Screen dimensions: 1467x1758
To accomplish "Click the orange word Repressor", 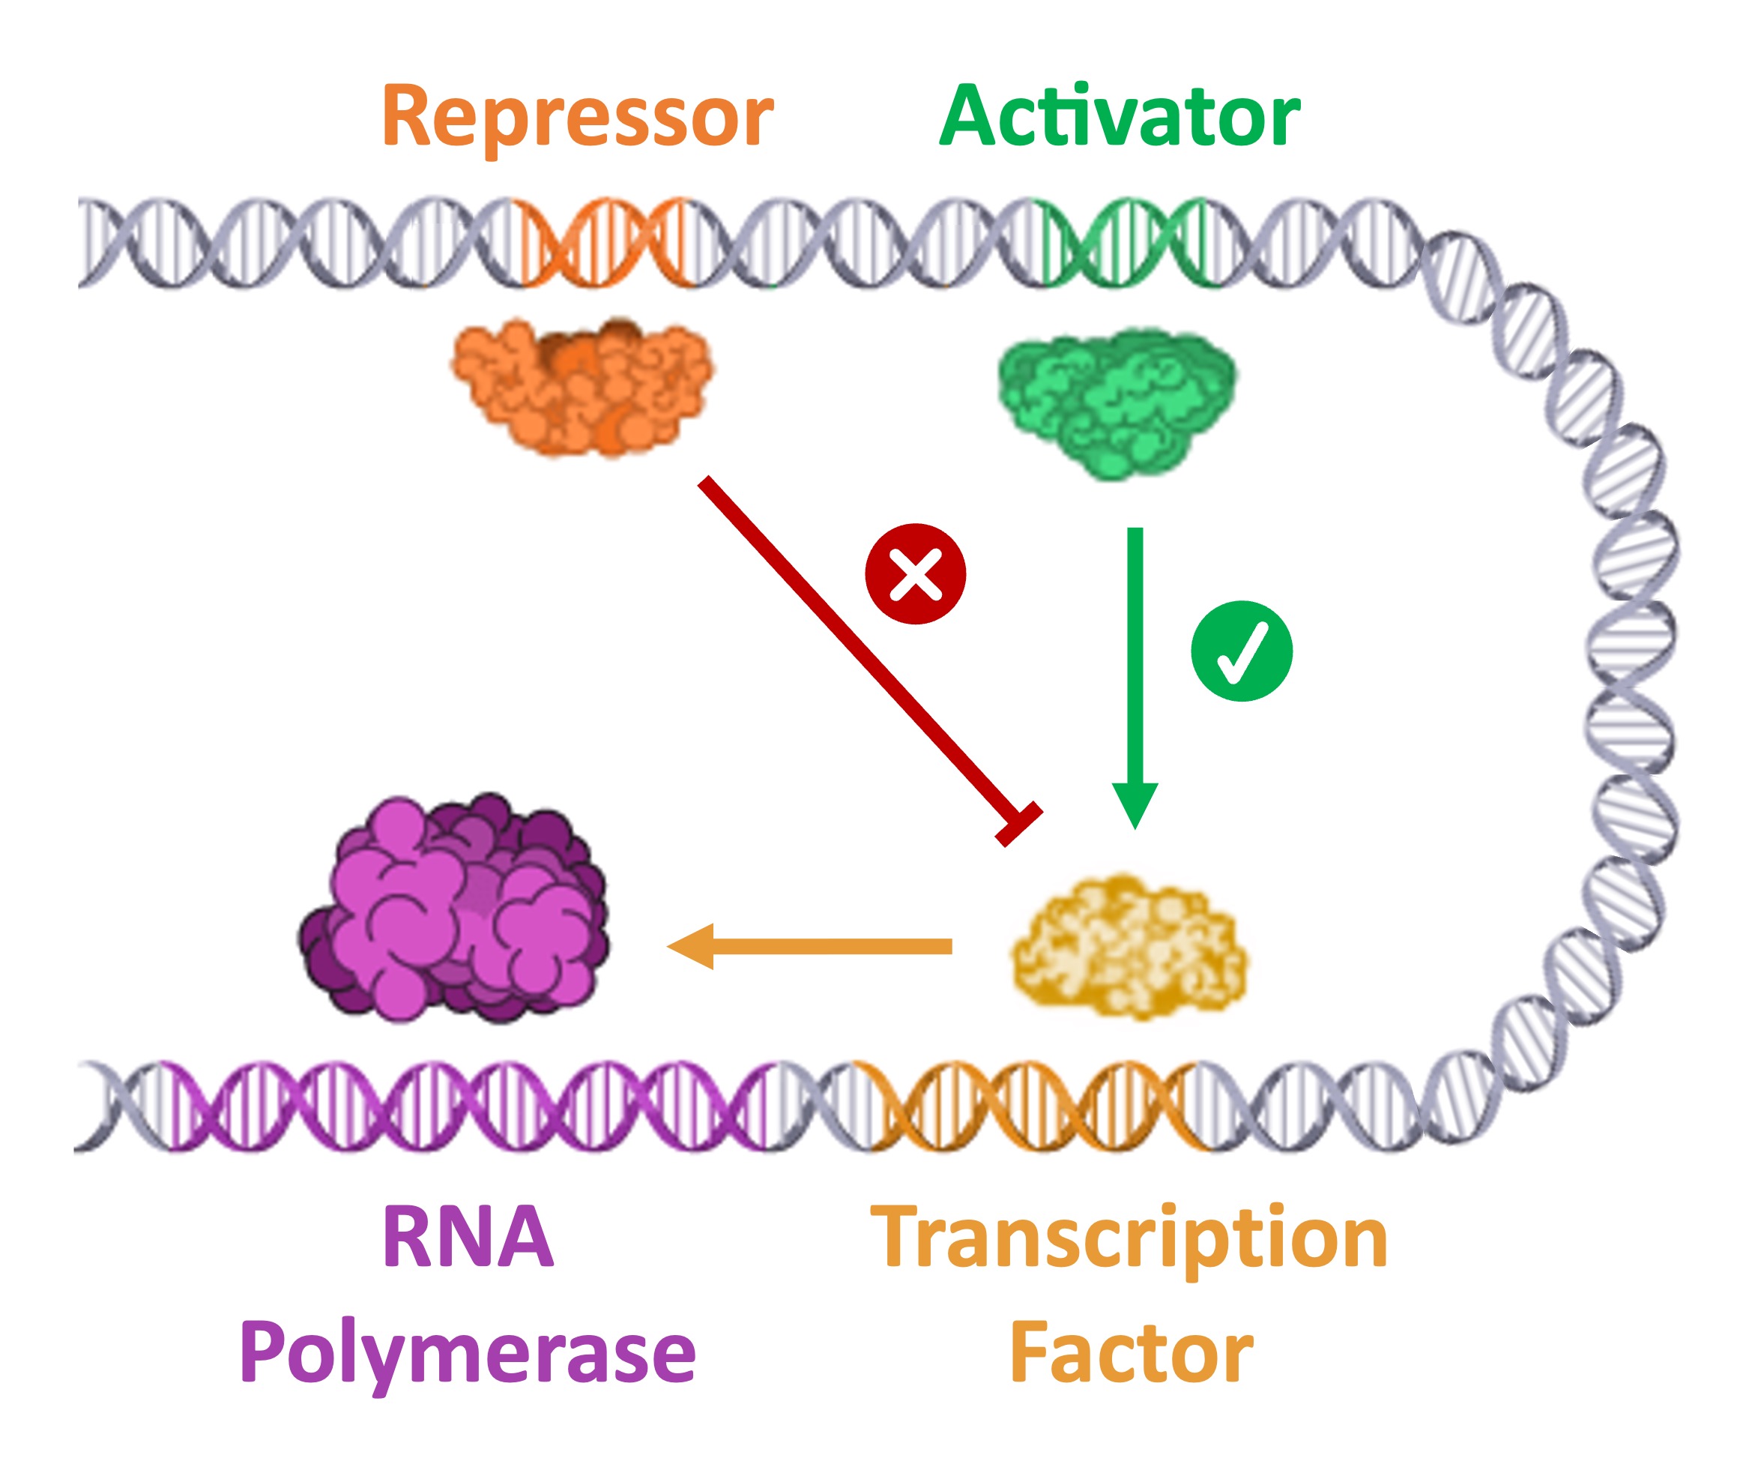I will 578,117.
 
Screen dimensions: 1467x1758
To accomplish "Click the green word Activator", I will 1120,117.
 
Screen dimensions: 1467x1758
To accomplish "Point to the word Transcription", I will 1129,1239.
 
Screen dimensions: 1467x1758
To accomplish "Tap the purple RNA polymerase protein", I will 456,909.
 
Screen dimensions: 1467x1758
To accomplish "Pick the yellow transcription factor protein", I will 1129,945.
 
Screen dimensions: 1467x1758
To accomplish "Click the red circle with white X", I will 915,574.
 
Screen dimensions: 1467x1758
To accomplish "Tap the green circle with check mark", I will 1242,651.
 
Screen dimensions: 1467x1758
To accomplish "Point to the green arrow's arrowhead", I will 1135,804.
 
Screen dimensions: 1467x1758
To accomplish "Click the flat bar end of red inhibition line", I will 1019,824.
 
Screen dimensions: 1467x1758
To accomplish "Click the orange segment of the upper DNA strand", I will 606,243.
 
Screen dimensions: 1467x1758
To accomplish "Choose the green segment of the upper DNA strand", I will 1129,243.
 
